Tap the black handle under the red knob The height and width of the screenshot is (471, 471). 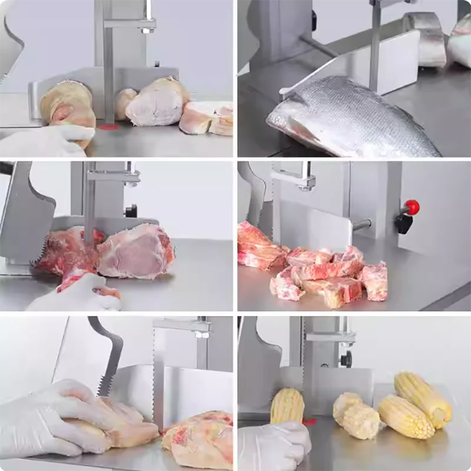coord(404,222)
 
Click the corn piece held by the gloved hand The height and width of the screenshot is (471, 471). coord(287,406)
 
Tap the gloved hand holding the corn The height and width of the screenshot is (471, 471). coord(274,445)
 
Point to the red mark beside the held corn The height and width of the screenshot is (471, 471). coord(310,422)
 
